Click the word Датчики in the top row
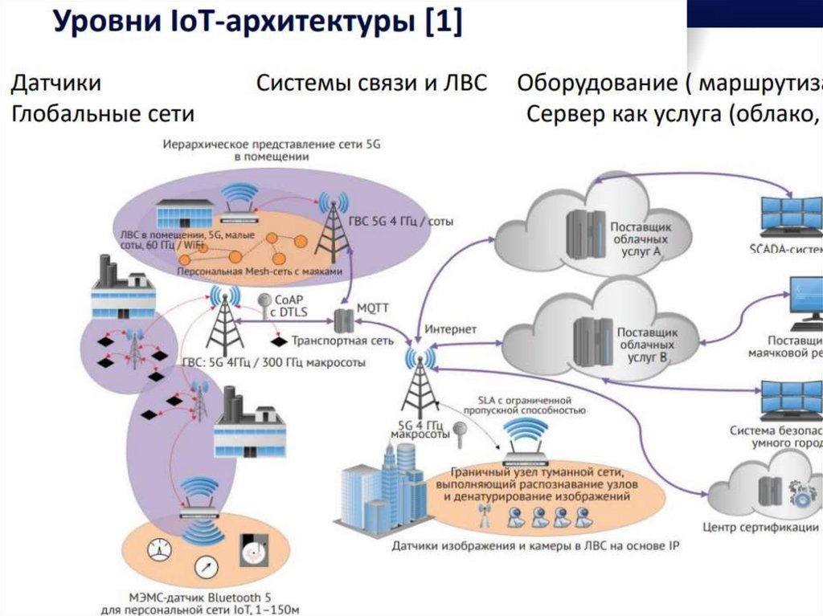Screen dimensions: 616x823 55,83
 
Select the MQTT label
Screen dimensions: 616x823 371,308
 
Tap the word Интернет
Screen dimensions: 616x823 450,329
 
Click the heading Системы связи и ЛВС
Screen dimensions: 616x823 371,83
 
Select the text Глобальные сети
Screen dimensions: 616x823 103,114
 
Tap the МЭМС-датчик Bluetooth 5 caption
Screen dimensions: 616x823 199,597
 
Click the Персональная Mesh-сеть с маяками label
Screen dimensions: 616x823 265,271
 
